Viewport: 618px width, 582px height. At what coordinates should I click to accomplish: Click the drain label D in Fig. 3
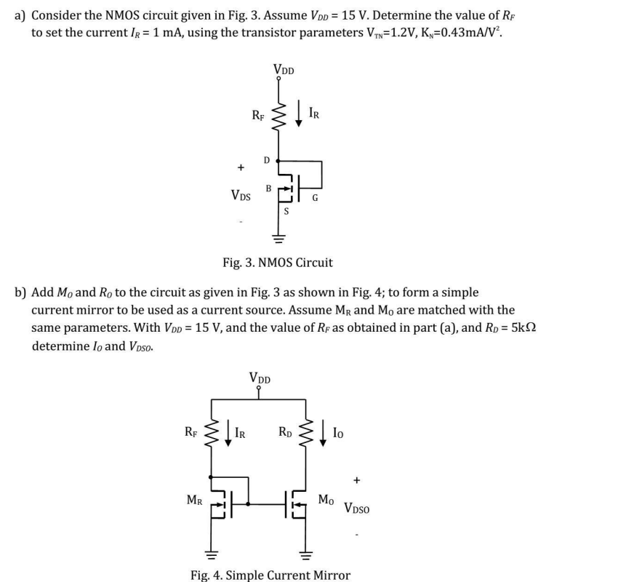coord(267,159)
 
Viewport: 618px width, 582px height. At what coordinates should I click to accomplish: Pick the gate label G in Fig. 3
coord(315,196)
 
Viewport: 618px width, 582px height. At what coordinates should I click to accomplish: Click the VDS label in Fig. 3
coord(241,195)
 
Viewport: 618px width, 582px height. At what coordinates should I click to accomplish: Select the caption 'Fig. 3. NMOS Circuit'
coord(277,262)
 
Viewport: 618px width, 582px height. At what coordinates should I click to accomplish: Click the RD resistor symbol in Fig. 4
coord(307,436)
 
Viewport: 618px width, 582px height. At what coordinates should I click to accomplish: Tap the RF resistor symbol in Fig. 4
coord(212,436)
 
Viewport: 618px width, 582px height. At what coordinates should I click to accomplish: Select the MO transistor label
coord(327,500)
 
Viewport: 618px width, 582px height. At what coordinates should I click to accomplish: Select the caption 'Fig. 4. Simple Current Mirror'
coord(270,575)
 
